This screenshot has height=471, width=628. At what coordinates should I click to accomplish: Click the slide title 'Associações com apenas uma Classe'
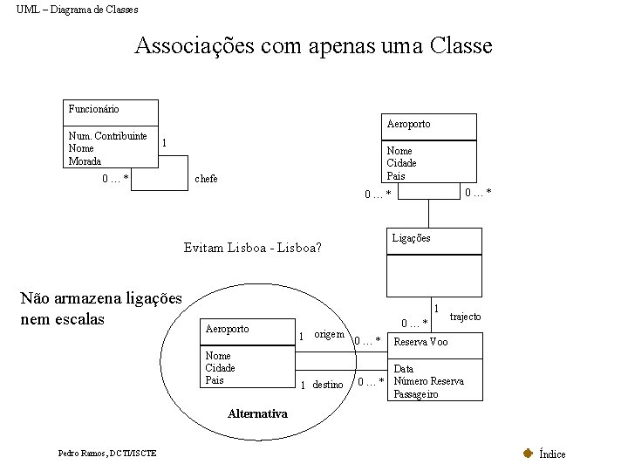click(313, 45)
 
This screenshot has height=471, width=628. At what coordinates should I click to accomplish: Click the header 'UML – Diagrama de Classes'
click(77, 10)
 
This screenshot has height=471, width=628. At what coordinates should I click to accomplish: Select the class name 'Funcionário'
click(93, 109)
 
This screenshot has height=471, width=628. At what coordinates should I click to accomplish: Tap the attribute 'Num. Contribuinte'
click(107, 136)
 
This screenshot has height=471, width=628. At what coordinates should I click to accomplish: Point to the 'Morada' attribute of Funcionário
click(85, 160)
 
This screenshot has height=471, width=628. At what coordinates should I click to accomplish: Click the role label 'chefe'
click(206, 179)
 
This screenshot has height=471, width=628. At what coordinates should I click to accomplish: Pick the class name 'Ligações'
click(411, 238)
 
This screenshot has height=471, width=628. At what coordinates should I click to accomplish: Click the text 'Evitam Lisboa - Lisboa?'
click(253, 248)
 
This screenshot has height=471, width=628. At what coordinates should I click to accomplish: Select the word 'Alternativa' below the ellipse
click(257, 413)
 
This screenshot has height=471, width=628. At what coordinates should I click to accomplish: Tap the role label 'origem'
click(329, 334)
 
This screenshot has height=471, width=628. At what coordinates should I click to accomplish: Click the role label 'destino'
click(328, 385)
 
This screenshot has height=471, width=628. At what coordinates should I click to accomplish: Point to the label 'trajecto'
click(465, 317)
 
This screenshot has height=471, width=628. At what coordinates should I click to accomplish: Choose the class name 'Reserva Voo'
click(421, 342)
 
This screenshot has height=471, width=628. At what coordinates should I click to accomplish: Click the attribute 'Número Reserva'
click(429, 381)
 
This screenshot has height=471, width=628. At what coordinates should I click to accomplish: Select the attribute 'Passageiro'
click(416, 394)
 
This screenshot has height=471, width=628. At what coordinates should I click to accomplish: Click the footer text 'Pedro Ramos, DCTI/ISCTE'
click(107, 454)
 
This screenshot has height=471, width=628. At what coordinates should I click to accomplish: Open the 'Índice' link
click(552, 454)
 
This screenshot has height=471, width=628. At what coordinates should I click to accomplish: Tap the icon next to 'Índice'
click(528, 453)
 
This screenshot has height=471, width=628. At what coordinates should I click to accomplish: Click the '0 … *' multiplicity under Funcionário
click(115, 179)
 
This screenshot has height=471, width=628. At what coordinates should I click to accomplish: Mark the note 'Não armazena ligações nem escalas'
click(100, 309)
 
